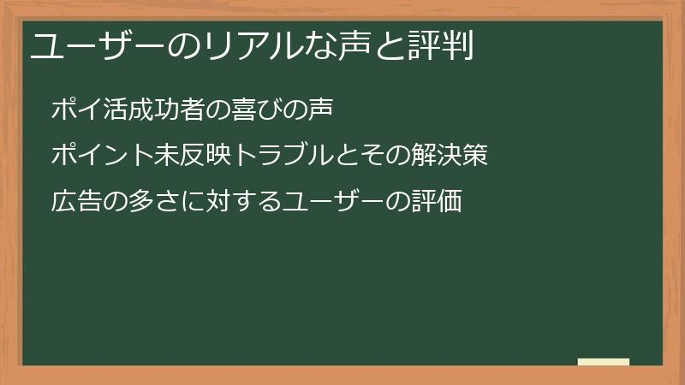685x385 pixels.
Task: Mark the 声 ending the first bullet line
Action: point(318,110)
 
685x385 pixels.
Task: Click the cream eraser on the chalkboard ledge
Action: point(604,362)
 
